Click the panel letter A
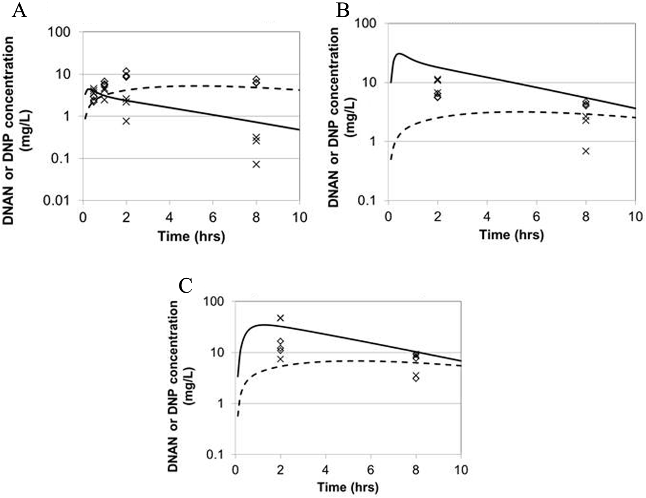coord(20,11)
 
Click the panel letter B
coord(343,11)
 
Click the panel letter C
coord(186,285)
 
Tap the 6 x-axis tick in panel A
coord(213,218)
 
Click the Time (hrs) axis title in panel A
coord(191,236)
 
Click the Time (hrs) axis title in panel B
coord(511,234)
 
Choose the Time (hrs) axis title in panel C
coord(348,487)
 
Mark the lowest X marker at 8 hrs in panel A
coord(256,164)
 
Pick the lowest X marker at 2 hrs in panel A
coord(126,121)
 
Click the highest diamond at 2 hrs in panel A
coord(126,71)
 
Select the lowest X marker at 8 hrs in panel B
coord(585,151)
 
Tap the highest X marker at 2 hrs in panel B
coord(438,80)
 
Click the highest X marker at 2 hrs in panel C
coord(281,318)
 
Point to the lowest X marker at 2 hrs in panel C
coord(281,359)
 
